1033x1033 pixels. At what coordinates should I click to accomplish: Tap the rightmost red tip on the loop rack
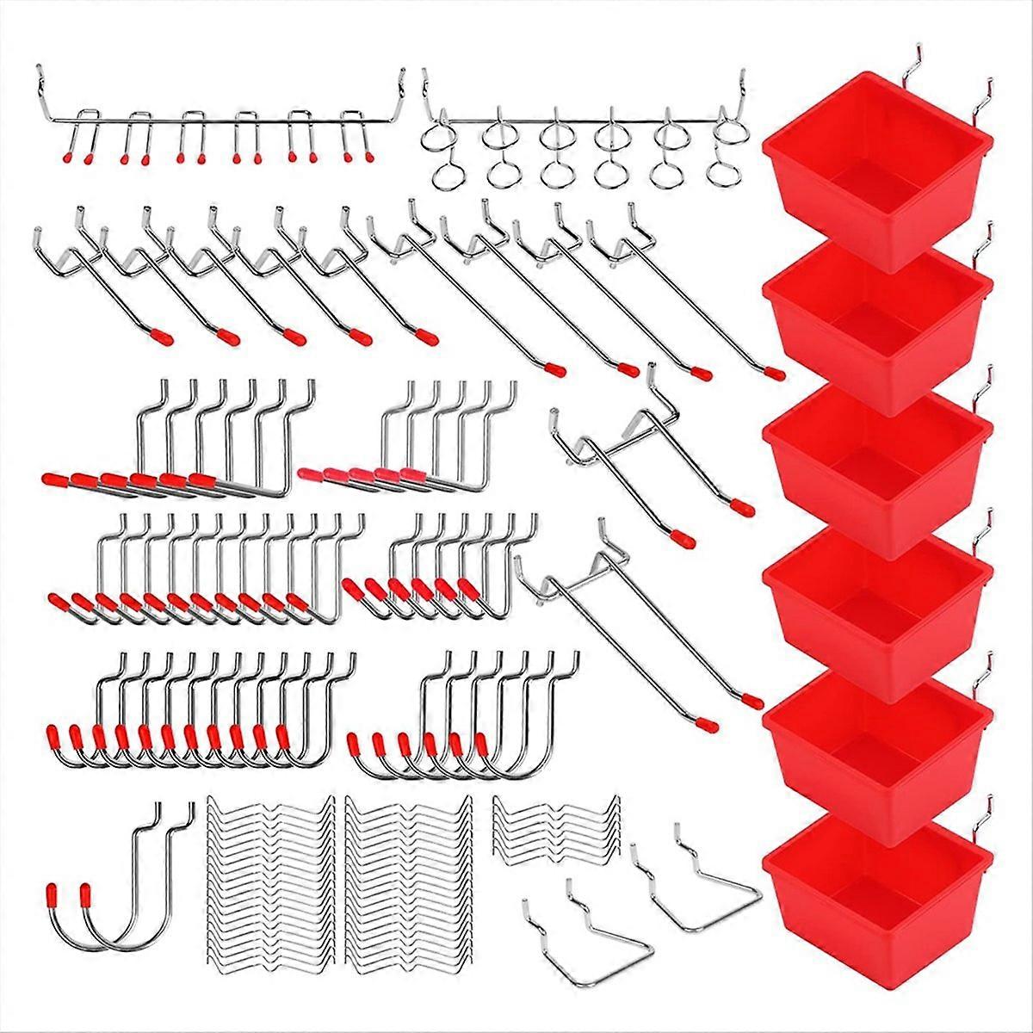tap(371, 158)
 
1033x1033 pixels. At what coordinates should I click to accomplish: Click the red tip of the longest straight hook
tap(774, 374)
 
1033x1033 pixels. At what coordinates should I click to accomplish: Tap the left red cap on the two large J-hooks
tap(53, 891)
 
